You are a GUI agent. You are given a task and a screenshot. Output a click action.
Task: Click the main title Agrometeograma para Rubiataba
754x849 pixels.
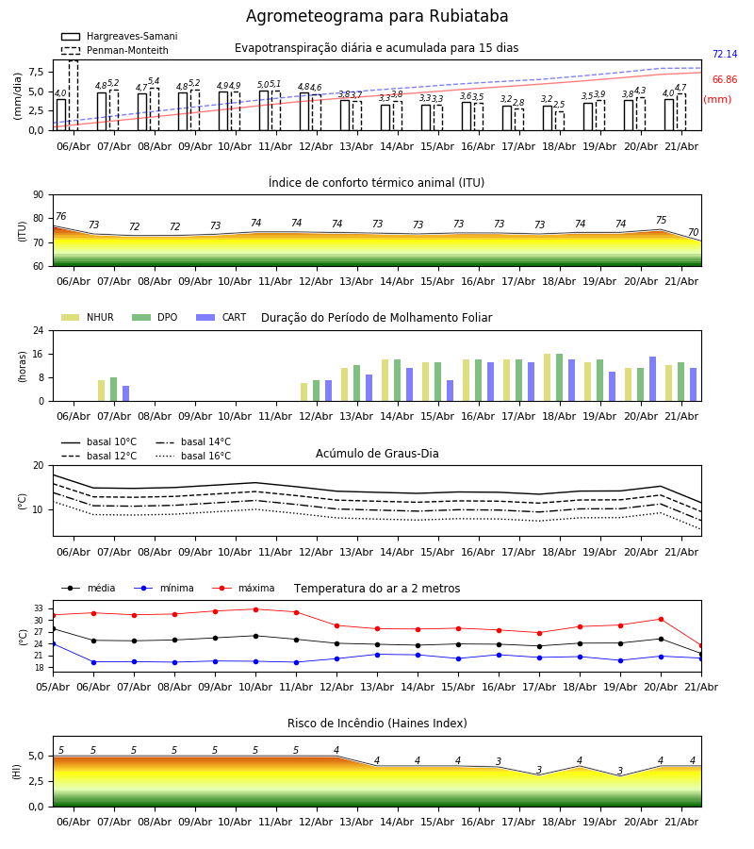[377, 16]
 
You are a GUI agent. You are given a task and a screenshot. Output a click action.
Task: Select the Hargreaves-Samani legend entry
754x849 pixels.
[119, 36]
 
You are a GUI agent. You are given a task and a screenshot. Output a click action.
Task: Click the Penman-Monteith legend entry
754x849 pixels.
[115, 50]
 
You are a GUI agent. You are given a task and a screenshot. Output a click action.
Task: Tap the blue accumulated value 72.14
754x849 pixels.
[725, 54]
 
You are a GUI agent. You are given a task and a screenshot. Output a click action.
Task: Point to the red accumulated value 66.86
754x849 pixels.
[725, 79]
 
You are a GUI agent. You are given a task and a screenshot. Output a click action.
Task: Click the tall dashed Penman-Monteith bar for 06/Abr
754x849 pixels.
[74, 95]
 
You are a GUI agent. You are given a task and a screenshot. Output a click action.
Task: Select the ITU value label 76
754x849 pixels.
[61, 217]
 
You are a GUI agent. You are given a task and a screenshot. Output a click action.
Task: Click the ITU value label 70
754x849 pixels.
[693, 232]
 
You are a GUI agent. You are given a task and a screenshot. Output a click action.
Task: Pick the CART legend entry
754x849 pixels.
[221, 317]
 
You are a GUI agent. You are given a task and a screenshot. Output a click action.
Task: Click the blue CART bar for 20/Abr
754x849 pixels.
[653, 379]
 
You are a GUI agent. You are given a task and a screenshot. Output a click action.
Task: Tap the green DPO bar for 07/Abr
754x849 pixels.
[114, 390]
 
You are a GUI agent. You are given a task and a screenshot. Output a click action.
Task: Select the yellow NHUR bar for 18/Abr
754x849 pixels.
[548, 377]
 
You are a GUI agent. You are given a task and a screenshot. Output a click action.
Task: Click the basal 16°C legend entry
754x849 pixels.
[193, 456]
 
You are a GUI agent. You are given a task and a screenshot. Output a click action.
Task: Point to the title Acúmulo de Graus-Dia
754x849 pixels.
[377, 454]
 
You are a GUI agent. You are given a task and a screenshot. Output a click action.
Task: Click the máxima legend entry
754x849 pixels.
[243, 588]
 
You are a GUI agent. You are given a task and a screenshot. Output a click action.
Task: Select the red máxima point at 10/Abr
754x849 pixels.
[255, 609]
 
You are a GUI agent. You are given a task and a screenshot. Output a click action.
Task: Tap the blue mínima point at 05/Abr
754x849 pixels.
[53, 643]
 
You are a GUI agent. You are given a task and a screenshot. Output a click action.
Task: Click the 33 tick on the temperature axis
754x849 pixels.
[39, 608]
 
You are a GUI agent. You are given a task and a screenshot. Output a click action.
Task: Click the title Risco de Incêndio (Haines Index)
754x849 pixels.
[377, 724]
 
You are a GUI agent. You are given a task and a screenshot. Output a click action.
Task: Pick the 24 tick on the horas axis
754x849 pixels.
[39, 330]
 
